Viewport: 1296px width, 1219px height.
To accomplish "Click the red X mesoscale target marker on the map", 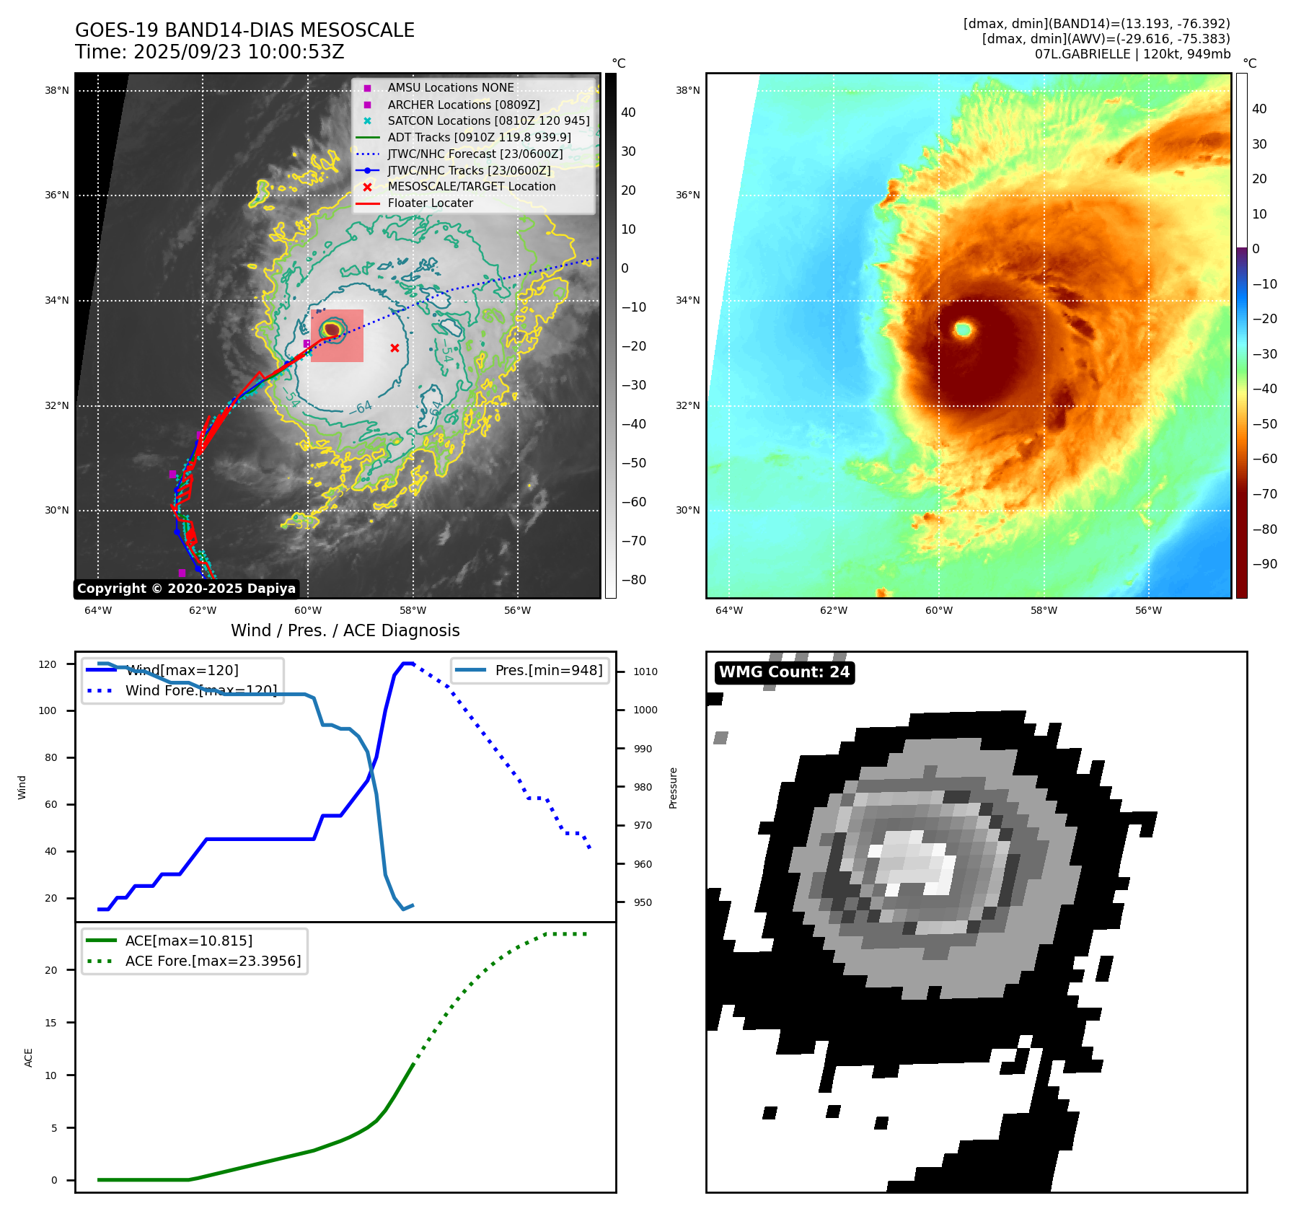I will [x=394, y=348].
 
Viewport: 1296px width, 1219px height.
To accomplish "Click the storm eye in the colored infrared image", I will [x=964, y=330].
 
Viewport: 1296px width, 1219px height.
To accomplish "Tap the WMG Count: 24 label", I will [x=784, y=672].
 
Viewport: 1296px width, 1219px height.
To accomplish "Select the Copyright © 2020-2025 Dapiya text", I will [x=186, y=589].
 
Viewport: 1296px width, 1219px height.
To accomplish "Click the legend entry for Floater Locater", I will [x=430, y=203].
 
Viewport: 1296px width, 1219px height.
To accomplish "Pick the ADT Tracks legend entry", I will [x=479, y=137].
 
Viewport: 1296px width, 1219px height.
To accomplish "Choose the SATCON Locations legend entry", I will [x=488, y=121].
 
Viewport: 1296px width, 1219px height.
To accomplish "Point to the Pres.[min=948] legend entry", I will [x=548, y=670].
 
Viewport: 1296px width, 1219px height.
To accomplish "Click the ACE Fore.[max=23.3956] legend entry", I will [x=213, y=961].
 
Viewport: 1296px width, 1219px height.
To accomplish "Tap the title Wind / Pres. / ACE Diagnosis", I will [x=345, y=630].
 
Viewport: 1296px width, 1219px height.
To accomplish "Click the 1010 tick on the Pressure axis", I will [x=645, y=672].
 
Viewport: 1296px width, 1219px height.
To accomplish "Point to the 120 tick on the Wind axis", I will [x=48, y=664].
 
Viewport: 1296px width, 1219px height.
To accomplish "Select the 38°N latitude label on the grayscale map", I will [x=57, y=91].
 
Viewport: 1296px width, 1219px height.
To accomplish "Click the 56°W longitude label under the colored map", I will [x=1148, y=610].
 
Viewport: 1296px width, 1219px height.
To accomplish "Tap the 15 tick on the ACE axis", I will [x=50, y=1023].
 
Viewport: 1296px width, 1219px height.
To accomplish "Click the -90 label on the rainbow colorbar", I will [x=1264, y=564].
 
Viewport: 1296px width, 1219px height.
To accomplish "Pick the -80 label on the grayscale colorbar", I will [x=634, y=580].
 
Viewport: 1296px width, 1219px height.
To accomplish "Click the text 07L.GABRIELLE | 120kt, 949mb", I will [x=1132, y=54].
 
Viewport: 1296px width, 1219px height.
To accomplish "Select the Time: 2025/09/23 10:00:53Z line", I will [x=209, y=52].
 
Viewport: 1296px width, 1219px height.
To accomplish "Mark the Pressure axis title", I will [x=673, y=788].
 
